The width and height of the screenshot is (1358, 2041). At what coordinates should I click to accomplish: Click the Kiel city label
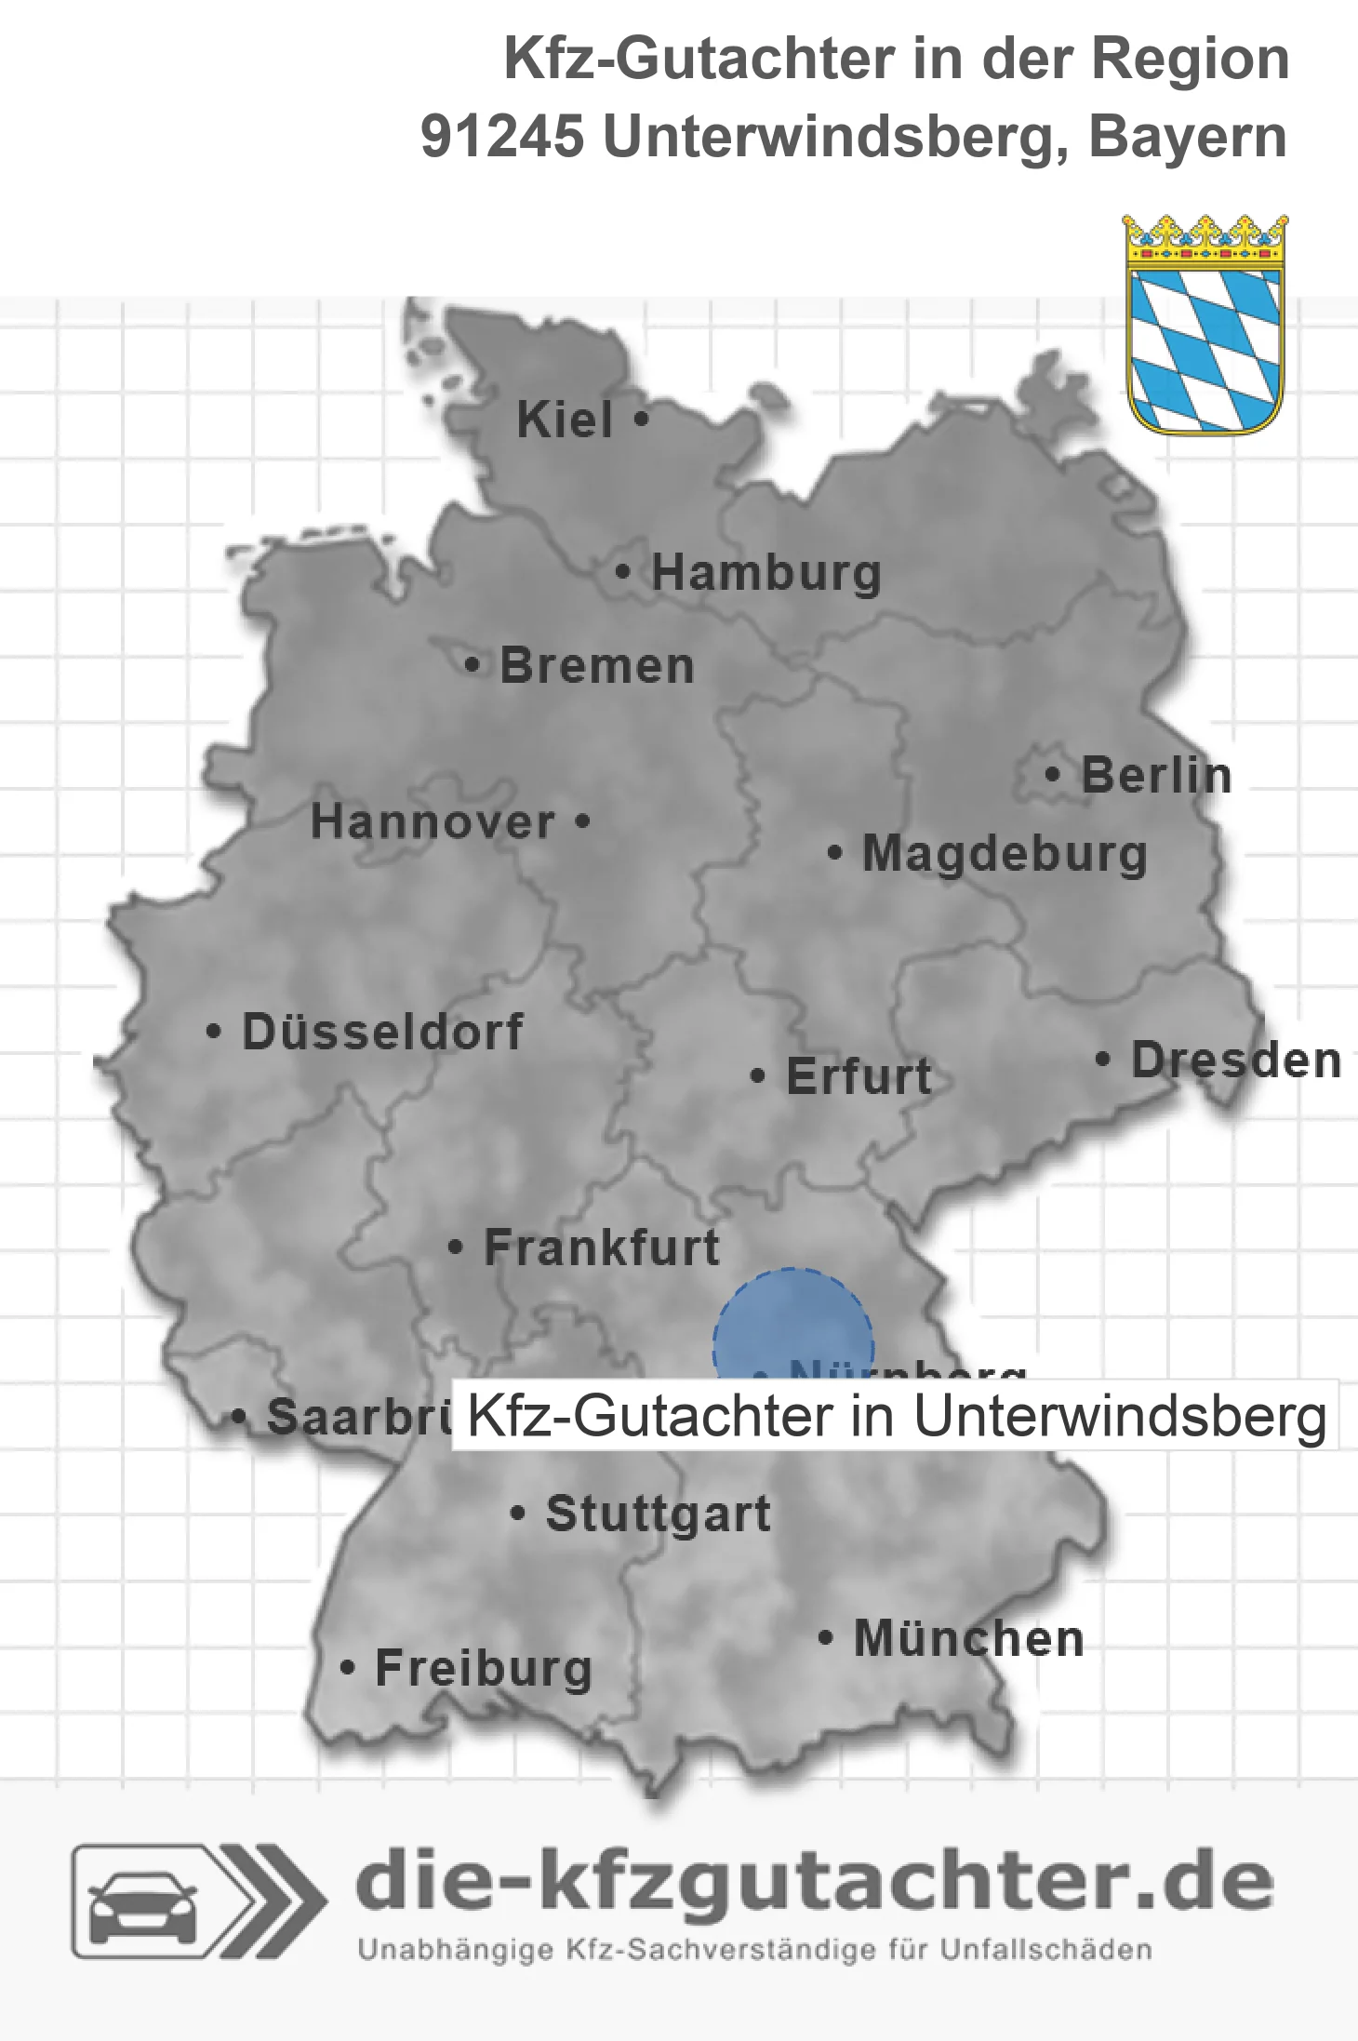click(565, 420)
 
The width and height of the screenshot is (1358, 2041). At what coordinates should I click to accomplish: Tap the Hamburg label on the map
click(766, 572)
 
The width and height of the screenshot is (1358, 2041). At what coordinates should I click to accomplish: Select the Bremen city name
click(597, 666)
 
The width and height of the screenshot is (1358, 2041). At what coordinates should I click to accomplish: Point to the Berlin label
click(1156, 775)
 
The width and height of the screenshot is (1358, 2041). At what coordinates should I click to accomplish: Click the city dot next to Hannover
click(583, 821)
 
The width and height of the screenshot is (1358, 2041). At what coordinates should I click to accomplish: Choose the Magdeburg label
click(1005, 854)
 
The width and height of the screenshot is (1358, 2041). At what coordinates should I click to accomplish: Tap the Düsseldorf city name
click(382, 1032)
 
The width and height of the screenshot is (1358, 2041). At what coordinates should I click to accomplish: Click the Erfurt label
click(859, 1076)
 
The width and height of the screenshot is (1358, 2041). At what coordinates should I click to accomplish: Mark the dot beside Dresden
click(1103, 1060)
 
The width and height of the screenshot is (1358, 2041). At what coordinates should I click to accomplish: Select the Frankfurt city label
click(602, 1247)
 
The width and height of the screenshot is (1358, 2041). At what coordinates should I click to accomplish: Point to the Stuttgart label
click(658, 1514)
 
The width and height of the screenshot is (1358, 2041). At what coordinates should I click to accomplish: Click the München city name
click(969, 1638)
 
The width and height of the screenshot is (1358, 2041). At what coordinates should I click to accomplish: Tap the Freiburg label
click(483, 1669)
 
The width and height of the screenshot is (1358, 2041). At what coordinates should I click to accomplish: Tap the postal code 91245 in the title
click(502, 137)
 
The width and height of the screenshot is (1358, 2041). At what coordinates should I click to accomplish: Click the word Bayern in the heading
click(1188, 137)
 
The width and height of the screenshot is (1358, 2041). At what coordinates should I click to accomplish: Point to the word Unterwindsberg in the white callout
click(1120, 1416)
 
